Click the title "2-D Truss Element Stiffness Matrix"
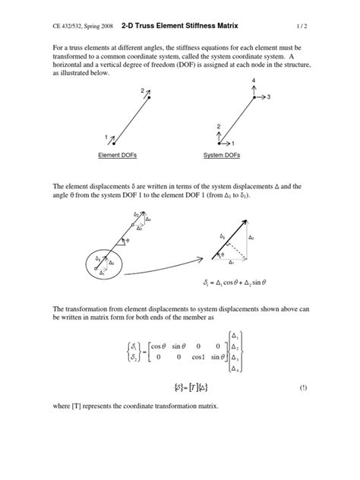182,24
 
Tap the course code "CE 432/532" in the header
69,25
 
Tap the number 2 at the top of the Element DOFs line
141,91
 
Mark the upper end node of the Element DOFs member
150,97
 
